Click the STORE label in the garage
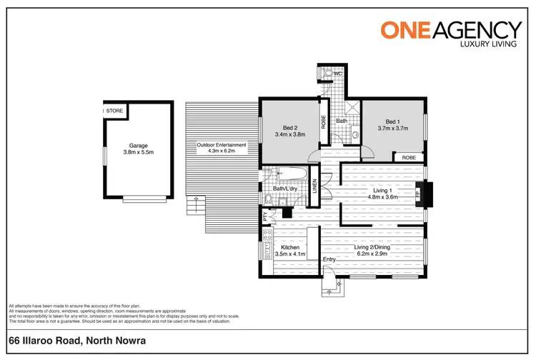click(x=116, y=111)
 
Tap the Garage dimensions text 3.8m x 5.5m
click(x=138, y=152)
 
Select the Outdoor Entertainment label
click(x=222, y=145)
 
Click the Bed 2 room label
click(x=289, y=127)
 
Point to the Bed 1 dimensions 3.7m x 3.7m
click(x=392, y=129)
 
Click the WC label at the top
click(x=337, y=74)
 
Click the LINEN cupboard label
click(x=314, y=185)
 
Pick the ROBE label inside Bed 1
click(x=408, y=157)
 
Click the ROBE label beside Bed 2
click(x=323, y=121)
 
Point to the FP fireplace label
click(x=418, y=192)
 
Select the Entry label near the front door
click(x=329, y=259)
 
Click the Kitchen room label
click(x=290, y=246)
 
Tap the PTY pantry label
click(x=265, y=214)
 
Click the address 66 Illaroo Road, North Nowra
click(x=77, y=341)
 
